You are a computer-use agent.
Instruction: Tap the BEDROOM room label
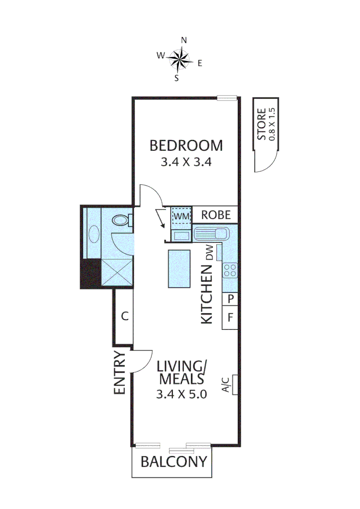(186, 146)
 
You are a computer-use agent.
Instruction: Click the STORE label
(262, 125)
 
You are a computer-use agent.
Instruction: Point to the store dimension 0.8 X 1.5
(271, 124)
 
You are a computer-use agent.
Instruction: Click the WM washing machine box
(181, 215)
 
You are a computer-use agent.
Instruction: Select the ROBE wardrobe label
(216, 215)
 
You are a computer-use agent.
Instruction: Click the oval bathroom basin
(94, 234)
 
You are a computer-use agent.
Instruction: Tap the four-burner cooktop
(230, 270)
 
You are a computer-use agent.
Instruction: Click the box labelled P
(230, 299)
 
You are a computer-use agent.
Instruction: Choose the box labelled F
(230, 317)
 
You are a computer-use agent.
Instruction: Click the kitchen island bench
(179, 268)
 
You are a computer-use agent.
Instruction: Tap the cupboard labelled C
(125, 316)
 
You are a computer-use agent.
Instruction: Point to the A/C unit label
(226, 385)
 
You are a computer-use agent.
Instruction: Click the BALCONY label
(174, 461)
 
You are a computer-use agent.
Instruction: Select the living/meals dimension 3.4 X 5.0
(181, 394)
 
